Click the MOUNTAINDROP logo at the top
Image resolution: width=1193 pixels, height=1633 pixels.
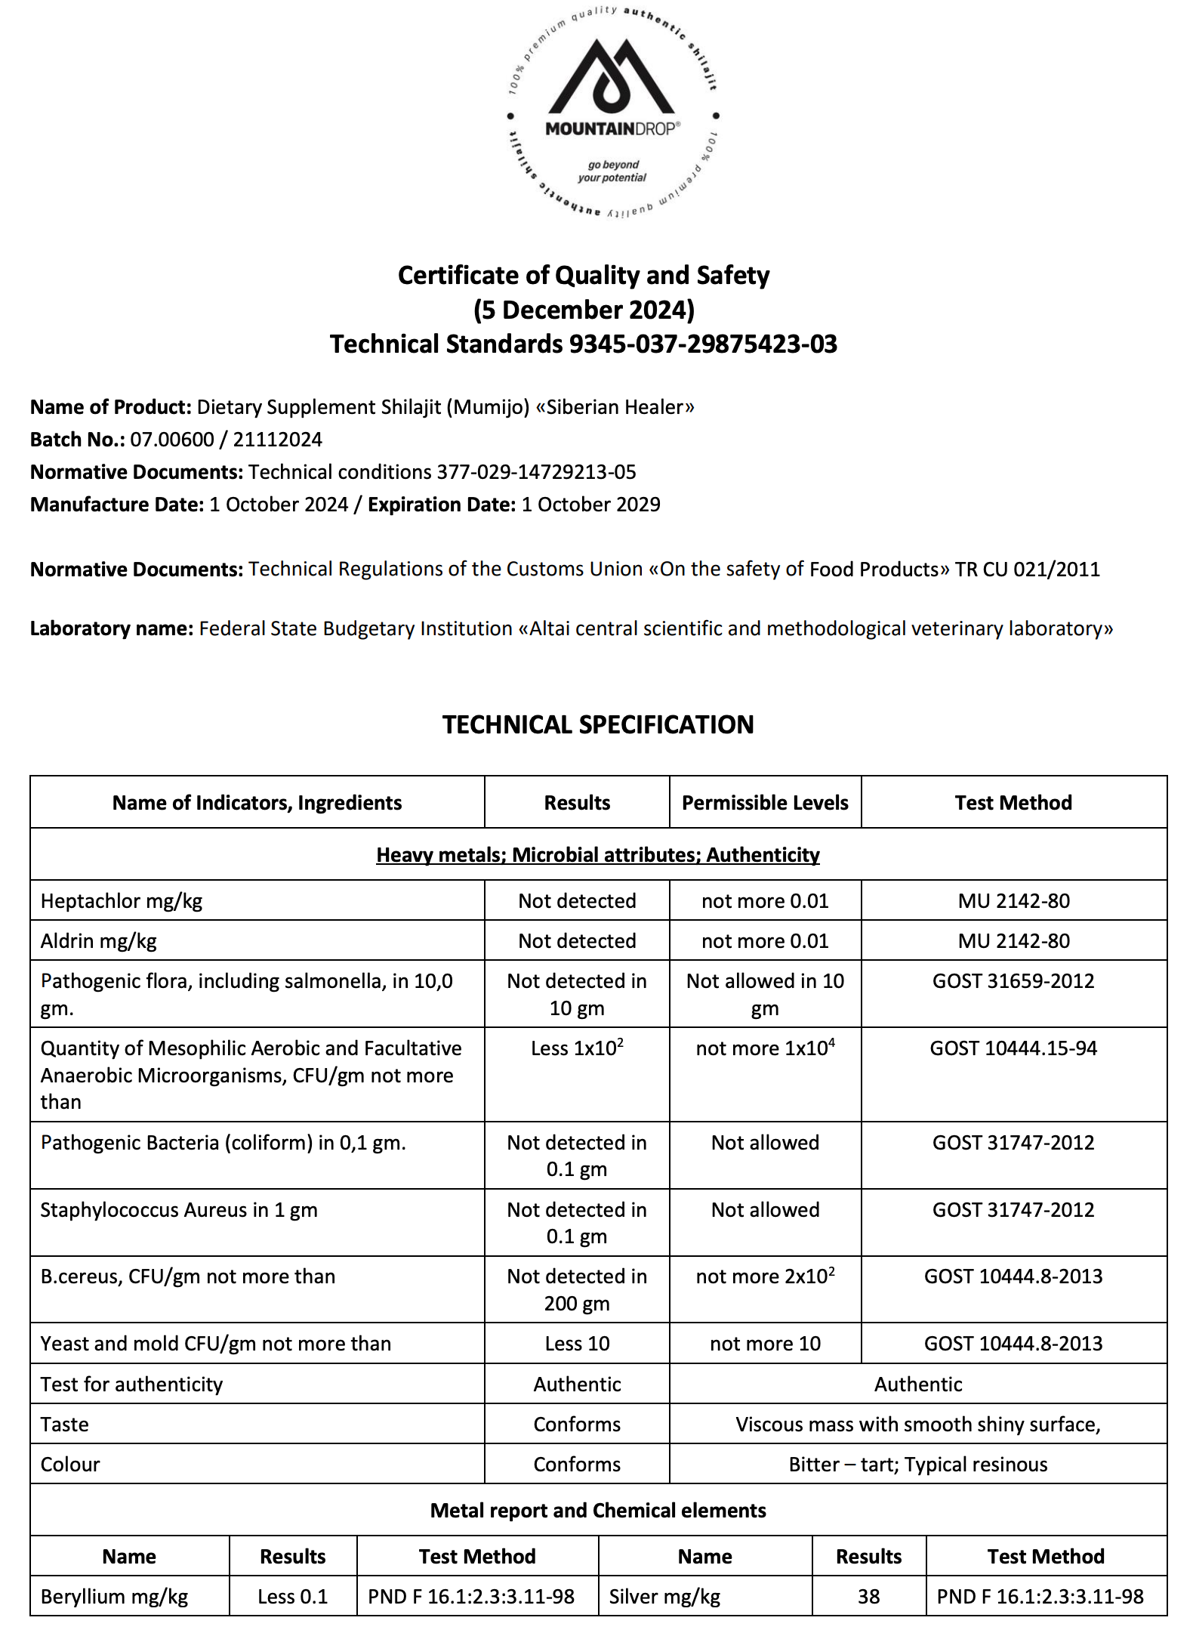click(612, 113)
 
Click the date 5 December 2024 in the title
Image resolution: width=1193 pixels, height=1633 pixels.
click(584, 310)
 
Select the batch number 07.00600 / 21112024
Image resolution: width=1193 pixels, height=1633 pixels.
click(226, 440)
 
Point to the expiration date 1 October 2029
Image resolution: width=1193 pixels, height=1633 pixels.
click(590, 505)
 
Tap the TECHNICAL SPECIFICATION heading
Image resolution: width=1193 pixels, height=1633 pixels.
click(597, 725)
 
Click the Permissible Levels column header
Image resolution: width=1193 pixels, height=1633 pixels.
click(765, 803)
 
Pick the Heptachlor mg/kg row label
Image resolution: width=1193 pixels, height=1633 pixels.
click(122, 901)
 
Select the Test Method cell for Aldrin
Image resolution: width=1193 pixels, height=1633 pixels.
click(1013, 941)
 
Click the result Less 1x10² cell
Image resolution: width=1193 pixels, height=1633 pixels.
click(577, 1048)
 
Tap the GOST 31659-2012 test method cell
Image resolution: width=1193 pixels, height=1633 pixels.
click(1013, 981)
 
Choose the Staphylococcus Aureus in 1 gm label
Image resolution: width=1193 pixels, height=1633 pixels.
click(179, 1210)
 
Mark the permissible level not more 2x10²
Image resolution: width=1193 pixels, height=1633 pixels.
click(765, 1276)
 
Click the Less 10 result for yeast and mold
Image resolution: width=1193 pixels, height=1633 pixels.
click(577, 1344)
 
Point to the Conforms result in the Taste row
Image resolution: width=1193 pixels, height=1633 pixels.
click(577, 1425)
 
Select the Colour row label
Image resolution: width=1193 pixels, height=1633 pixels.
click(70, 1465)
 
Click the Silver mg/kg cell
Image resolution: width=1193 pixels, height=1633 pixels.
click(664, 1597)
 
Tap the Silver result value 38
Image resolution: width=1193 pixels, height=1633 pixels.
click(868, 1597)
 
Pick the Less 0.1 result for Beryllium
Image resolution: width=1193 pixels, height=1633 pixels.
click(292, 1597)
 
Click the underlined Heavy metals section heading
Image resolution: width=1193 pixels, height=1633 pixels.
click(597, 855)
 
